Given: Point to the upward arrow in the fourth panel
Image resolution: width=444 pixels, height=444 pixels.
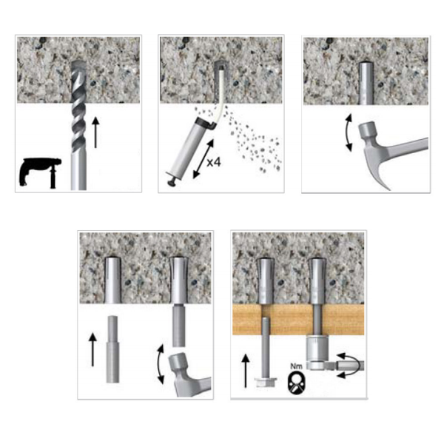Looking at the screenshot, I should click(92, 349).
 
